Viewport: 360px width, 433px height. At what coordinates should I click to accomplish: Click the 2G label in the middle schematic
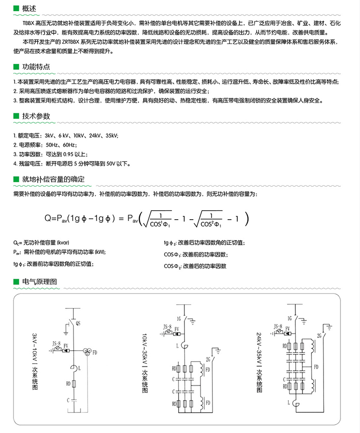click(208, 359)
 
